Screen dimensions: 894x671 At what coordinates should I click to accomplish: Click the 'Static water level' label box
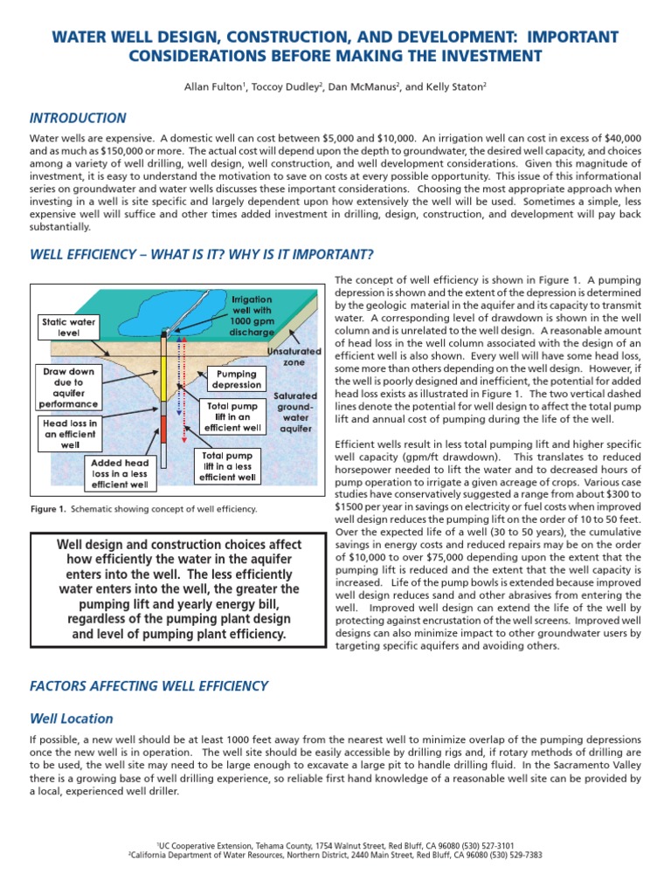coord(69,328)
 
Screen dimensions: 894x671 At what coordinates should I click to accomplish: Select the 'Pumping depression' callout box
coord(236,380)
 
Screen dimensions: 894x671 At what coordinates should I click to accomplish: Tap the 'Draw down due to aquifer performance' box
coord(69,388)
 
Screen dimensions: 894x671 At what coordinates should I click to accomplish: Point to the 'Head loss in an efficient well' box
coord(69,433)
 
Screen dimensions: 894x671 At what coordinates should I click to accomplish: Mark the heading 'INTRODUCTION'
coord(78,118)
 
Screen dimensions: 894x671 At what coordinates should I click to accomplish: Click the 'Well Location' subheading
coord(72,719)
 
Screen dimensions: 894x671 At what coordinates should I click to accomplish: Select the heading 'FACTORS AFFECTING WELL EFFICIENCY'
coord(149,686)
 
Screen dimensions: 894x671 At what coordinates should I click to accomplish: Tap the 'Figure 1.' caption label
coord(48,509)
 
